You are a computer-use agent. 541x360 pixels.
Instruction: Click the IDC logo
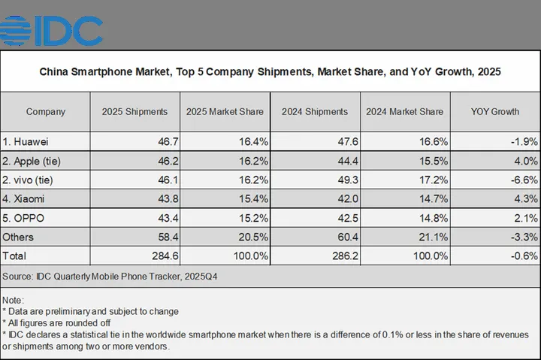coord(51,31)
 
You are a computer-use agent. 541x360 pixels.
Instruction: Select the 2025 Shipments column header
coord(134,112)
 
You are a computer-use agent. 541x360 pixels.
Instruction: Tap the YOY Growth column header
coord(495,112)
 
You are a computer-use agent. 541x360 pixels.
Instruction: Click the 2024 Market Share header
coord(405,112)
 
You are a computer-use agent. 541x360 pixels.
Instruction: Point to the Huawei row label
coord(26,141)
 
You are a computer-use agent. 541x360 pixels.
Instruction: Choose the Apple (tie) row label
coord(32,161)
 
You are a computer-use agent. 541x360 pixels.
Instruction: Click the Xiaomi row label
coord(23,199)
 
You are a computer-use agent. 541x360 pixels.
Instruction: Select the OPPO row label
coord(23,218)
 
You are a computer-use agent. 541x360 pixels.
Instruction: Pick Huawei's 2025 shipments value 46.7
coord(168,141)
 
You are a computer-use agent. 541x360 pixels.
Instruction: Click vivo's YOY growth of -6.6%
coord(524,180)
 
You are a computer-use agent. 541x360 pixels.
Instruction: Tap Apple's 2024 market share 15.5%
coord(434,161)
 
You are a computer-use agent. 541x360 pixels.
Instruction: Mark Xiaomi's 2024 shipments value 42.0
coord(348,199)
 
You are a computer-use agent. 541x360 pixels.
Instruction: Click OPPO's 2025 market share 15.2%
coord(254,218)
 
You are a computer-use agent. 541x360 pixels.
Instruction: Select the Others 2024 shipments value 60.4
coord(348,237)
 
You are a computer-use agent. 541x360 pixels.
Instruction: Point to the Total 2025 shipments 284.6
coord(165,256)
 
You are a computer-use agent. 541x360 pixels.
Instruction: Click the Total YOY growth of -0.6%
coord(524,256)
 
